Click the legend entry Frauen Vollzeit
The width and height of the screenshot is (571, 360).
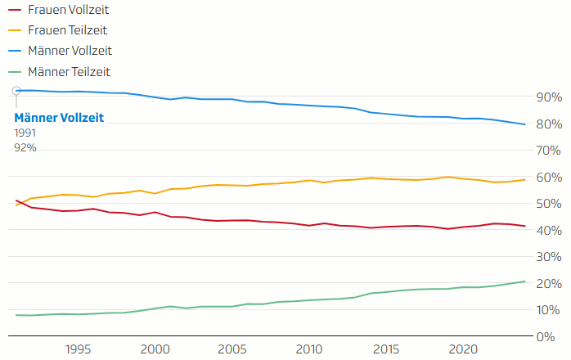click(69, 11)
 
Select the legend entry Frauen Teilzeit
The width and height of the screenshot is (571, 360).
click(68, 31)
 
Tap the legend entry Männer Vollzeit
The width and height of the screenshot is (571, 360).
click(70, 51)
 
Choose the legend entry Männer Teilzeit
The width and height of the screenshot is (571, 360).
click(69, 71)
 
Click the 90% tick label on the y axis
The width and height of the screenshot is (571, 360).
click(547, 97)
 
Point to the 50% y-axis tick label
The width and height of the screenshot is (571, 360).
click(547, 204)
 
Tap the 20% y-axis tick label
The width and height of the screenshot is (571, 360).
click(547, 283)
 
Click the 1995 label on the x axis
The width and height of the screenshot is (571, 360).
click(78, 348)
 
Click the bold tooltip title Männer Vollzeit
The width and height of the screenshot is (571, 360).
click(59, 118)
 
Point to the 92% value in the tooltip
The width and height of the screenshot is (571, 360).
click(25, 147)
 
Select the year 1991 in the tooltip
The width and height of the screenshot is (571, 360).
click(25, 133)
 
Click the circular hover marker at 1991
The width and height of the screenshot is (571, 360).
click(16, 91)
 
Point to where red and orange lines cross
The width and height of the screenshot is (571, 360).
click(20, 202)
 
